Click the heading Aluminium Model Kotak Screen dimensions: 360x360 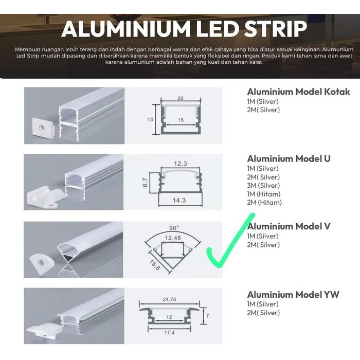(x=298, y=92)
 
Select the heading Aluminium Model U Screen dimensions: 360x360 (x=289, y=158)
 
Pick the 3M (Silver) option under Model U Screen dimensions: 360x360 (x=263, y=186)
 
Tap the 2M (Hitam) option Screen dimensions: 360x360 (x=264, y=203)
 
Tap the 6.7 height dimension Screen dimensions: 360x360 (x=145, y=183)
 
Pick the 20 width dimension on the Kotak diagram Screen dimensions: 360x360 (x=180, y=98)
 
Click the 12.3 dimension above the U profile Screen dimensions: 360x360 (x=181, y=163)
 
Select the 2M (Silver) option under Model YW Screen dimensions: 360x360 (x=263, y=313)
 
